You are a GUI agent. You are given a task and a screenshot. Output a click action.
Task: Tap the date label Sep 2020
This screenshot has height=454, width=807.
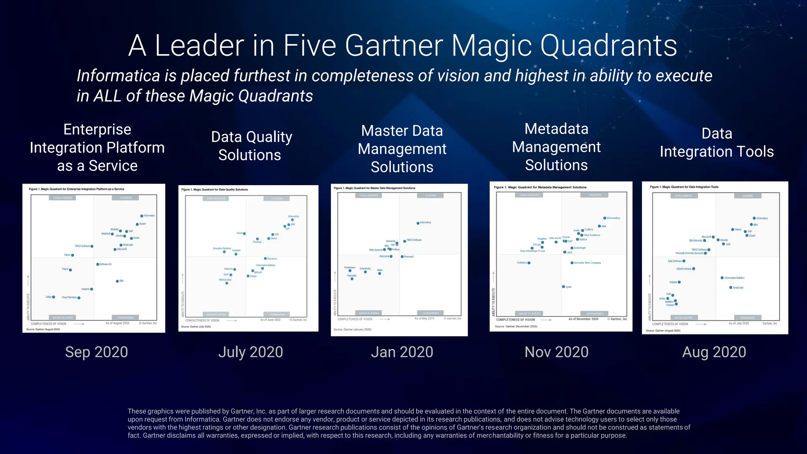[97, 352]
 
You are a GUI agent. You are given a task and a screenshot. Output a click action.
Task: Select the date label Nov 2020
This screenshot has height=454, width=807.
[556, 352]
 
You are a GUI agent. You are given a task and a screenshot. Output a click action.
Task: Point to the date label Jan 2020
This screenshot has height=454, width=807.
[402, 352]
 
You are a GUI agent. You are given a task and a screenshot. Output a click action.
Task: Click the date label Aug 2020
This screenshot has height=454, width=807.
[714, 352]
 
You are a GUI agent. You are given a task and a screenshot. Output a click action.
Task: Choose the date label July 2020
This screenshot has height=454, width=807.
[251, 352]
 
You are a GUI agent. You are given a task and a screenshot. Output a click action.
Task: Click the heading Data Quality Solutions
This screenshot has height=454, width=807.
[251, 146]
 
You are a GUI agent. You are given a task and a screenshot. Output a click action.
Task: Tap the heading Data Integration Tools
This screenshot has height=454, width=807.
[716, 143]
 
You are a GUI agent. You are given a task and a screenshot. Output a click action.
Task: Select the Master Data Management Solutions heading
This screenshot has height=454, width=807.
[402, 149]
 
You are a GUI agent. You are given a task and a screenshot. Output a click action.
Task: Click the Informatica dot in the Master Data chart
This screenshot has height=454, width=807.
[418, 223]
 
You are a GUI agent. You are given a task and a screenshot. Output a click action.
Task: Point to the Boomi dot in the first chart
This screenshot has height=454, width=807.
[137, 224]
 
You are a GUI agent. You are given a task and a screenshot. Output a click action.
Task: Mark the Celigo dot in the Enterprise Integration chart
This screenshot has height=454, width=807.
[54, 297]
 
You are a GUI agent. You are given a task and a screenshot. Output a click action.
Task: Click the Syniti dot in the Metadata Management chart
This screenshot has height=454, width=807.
[563, 287]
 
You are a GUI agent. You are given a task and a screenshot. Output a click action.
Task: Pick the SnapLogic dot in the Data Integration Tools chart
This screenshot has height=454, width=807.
[730, 287]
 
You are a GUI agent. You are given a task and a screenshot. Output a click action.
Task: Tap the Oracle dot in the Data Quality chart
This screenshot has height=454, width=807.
[244, 234]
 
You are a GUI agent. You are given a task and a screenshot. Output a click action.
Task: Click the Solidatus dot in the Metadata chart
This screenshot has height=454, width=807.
[529, 263]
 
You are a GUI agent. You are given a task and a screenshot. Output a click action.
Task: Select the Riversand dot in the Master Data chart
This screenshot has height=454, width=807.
[402, 257]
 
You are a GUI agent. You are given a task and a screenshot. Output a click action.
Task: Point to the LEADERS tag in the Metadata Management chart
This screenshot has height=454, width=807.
[595, 195]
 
